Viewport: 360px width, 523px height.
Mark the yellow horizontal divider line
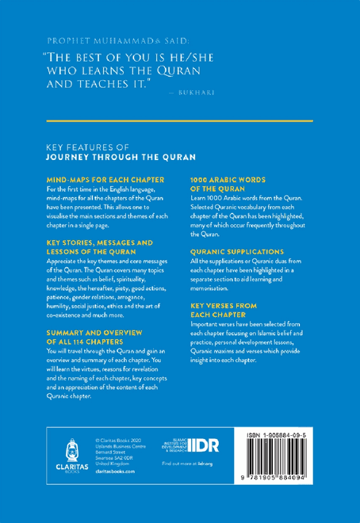(x=179, y=120)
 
